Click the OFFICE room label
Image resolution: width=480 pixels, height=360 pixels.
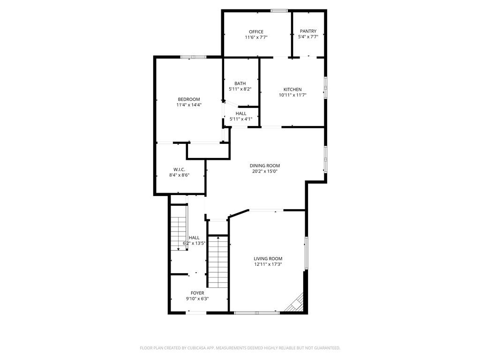coord(256,31)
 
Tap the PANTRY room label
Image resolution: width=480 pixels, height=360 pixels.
coord(308,31)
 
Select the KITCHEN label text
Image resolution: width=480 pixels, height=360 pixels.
coord(292,90)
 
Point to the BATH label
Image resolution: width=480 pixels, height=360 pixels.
coord(240,83)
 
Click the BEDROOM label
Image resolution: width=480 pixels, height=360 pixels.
coord(189,99)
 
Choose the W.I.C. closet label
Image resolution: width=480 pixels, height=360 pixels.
coord(179,170)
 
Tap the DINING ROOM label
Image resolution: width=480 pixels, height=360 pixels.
coord(265,165)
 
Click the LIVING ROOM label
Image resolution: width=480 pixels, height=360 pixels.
coord(268,259)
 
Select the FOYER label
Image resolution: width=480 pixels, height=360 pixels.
coord(197,293)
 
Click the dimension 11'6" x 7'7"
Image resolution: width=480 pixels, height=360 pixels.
coord(256,37)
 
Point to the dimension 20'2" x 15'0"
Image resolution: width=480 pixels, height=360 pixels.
coord(265,172)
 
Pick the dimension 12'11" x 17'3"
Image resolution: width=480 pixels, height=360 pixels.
coord(268,264)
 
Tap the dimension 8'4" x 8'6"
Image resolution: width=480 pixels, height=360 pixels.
coord(179,175)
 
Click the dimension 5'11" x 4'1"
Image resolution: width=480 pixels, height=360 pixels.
coord(241,119)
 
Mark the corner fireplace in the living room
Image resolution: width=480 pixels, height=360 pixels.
coord(295,303)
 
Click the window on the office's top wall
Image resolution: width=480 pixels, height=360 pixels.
coord(279,11)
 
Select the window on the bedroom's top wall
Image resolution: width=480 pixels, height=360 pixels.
coord(193,57)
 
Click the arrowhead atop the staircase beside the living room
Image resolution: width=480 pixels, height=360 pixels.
coord(218,237)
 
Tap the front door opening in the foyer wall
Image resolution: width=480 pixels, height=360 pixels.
coord(197,313)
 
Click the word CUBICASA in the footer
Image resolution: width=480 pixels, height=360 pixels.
coord(196,348)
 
